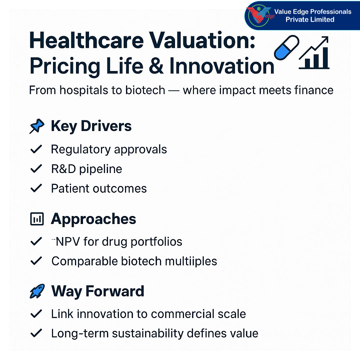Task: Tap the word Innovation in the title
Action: tap(222, 66)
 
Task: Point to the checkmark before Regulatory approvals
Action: tap(36, 149)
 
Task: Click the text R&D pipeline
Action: tap(86, 169)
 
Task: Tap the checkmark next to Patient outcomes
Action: tap(36, 188)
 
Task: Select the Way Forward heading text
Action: tap(98, 291)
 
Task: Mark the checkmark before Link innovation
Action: tap(36, 314)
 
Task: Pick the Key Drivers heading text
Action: tap(91, 126)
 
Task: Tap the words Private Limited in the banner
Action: tap(310, 20)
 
